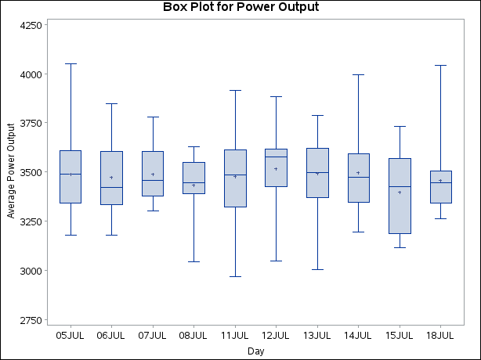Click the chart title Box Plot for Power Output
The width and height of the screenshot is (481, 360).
[240, 8]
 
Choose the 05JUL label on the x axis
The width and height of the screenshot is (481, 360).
[71, 336]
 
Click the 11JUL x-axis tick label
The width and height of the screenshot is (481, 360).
[235, 336]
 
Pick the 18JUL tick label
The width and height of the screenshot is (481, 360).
[440, 336]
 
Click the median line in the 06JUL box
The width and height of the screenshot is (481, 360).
[111, 187]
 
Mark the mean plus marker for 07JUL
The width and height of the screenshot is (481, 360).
[153, 175]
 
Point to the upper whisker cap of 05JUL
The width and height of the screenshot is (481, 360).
[71, 63]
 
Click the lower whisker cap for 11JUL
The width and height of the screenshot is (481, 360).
[235, 276]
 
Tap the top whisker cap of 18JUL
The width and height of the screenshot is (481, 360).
[440, 65]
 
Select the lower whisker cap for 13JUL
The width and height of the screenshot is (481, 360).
[317, 269]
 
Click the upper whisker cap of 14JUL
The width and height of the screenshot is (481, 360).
[358, 74]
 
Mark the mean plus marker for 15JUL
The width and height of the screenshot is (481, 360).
[400, 193]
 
